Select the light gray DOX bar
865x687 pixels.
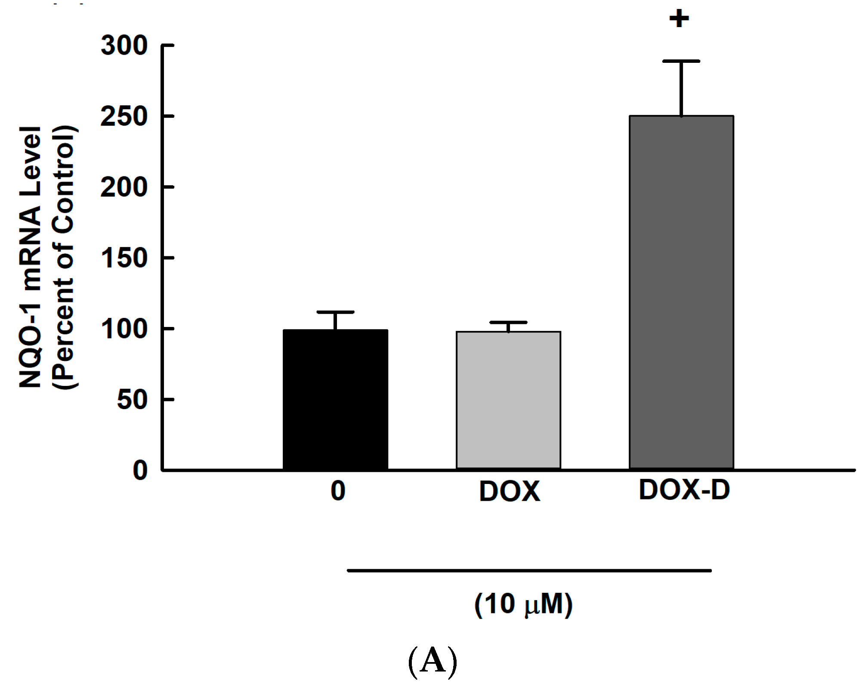[x=508, y=400]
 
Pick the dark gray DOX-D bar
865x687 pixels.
[x=681, y=293]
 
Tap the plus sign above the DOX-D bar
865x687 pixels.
[x=679, y=19]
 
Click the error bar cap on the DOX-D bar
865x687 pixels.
[x=681, y=61]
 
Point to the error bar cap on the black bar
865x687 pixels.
[x=335, y=311]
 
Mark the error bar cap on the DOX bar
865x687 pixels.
[x=508, y=322]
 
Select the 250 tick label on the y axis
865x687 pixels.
[x=124, y=117]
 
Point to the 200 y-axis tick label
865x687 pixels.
[x=124, y=188]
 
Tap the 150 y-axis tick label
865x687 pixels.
[x=124, y=259]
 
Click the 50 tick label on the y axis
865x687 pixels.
[x=132, y=400]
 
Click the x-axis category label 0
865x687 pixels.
[x=338, y=491]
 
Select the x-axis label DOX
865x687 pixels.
[x=510, y=491]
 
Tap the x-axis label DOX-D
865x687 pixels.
[x=684, y=490]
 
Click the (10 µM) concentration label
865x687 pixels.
[x=523, y=604]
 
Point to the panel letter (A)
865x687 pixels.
[x=432, y=661]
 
